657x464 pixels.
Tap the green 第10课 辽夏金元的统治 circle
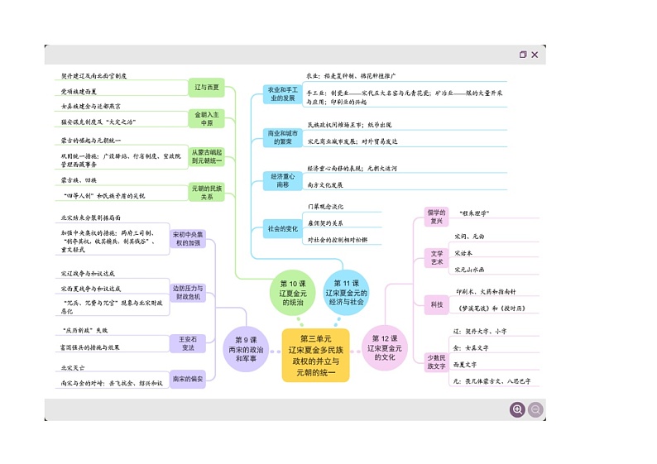point(291,293)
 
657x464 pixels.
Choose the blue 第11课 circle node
point(346,293)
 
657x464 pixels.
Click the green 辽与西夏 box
point(207,87)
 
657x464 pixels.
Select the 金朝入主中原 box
point(207,118)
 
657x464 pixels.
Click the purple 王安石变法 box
point(188,343)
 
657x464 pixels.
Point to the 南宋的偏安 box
point(187,379)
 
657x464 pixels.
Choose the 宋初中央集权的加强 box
point(187,239)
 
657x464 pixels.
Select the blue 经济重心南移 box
point(282,180)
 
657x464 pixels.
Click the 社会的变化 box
point(282,227)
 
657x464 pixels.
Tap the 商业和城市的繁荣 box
point(282,137)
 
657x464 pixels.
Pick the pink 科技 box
point(436,304)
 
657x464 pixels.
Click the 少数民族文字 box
point(436,361)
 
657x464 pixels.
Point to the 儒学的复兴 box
point(436,217)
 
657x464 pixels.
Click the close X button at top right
point(535,55)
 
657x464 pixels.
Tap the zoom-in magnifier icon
point(517,409)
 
